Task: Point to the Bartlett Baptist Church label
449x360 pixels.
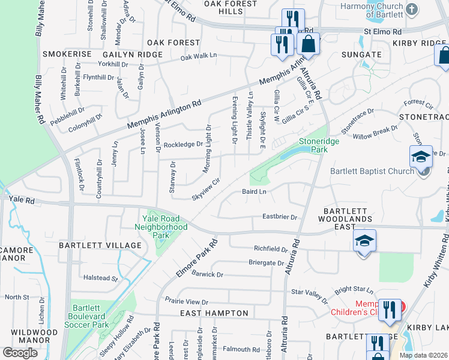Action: click(372, 170)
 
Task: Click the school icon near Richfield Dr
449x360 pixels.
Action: click(364, 241)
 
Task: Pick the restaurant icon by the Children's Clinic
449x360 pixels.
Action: click(390, 311)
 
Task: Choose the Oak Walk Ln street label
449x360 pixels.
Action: click(198, 56)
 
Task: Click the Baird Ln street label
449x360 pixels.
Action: click(254, 192)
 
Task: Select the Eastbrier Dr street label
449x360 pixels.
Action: click(280, 217)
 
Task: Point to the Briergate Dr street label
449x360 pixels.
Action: click(266, 263)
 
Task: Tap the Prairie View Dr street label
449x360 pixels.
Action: click(187, 302)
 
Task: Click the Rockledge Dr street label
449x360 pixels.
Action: click(183, 145)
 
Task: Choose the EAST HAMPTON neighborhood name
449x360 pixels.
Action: click(214, 313)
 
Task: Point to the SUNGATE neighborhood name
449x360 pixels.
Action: click(361, 55)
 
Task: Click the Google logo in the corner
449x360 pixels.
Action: click(20, 352)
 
